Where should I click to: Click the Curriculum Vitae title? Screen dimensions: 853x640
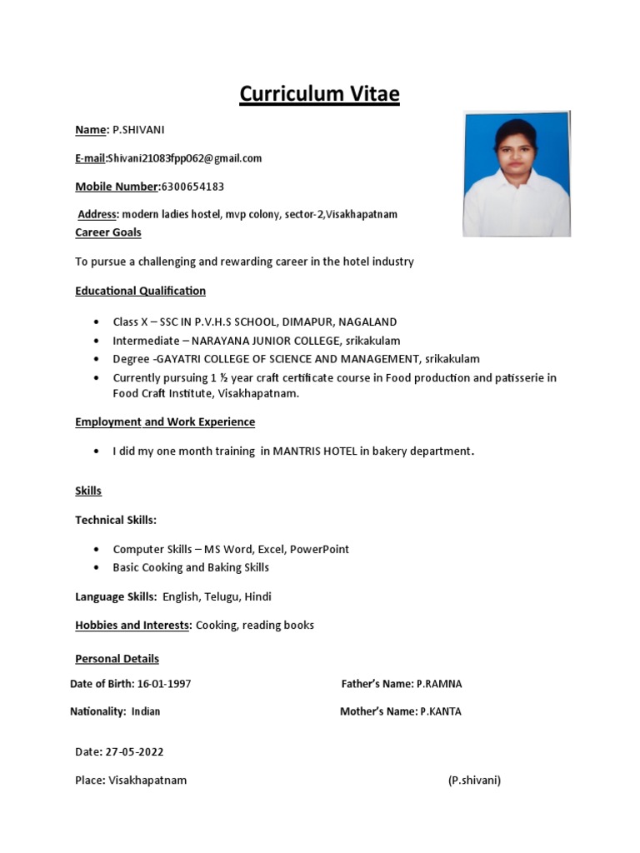[x=319, y=94]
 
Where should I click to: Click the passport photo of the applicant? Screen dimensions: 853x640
[x=516, y=174]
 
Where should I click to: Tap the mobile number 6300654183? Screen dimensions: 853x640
[x=192, y=187]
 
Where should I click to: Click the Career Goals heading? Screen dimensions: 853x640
[x=108, y=232]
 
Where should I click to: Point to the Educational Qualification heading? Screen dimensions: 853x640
[x=140, y=291]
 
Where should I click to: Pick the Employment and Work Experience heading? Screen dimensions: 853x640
[x=165, y=422]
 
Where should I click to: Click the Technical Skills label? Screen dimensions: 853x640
[x=116, y=520]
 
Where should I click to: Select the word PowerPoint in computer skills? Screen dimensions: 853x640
[x=321, y=550]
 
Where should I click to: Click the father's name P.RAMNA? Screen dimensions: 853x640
[x=439, y=684]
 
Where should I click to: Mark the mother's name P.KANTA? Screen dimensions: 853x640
[x=440, y=712]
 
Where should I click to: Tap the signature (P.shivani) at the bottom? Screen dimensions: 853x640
[x=474, y=781]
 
